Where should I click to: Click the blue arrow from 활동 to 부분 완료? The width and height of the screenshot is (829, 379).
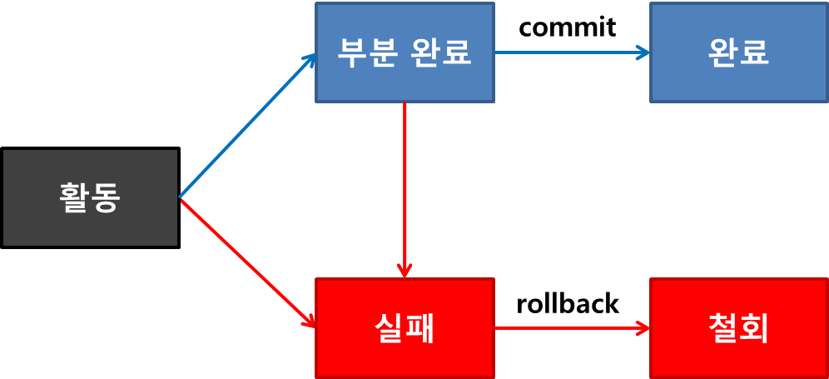click(x=247, y=126)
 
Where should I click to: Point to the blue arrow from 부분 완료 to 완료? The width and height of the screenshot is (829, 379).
click(x=571, y=52)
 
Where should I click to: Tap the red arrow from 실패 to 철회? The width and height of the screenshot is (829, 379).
click(x=571, y=328)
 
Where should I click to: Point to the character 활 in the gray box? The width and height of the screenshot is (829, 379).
click(x=74, y=197)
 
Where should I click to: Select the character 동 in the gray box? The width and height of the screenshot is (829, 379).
click(x=106, y=197)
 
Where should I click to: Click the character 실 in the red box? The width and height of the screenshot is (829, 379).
click(x=389, y=328)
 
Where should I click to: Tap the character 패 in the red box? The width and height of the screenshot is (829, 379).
click(x=420, y=328)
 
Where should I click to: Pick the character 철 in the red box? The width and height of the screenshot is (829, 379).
click(x=722, y=328)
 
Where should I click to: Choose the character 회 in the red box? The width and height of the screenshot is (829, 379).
click(x=754, y=328)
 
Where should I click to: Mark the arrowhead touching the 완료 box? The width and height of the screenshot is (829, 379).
click(x=643, y=52)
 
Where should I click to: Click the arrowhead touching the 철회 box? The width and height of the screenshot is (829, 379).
click(x=643, y=328)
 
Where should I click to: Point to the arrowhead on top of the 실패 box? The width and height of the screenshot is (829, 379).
click(x=405, y=271)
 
